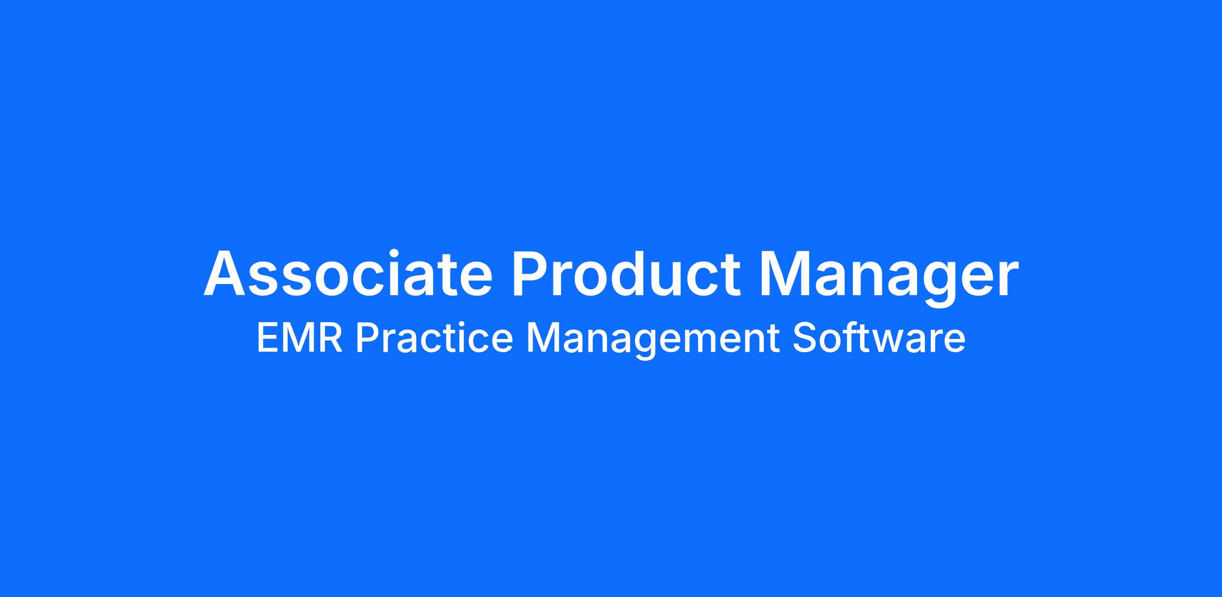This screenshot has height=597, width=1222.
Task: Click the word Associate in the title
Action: point(348,273)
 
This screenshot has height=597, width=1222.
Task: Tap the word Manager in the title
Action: point(889,278)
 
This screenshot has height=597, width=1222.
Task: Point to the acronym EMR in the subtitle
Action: point(299,339)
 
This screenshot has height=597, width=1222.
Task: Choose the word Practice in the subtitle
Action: point(434,338)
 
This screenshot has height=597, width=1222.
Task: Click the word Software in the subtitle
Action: point(879,338)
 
